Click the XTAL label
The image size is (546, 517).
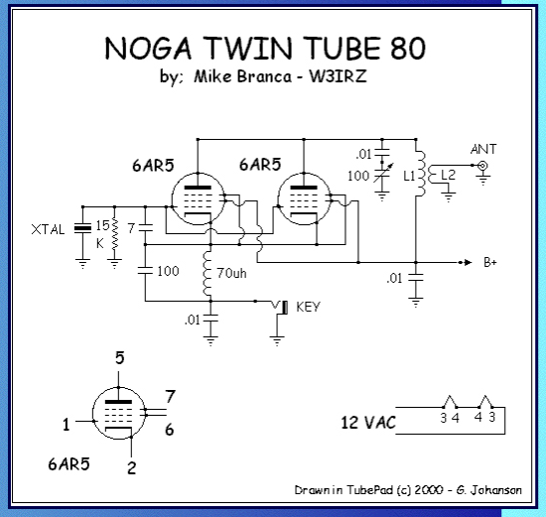pyautogui.click(x=48, y=229)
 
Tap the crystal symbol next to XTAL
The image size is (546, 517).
pyautogui.click(x=82, y=229)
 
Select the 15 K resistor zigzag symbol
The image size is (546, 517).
pyautogui.click(x=114, y=234)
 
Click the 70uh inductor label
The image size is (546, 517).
pyautogui.click(x=232, y=273)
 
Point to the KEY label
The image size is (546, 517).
pyautogui.click(x=308, y=307)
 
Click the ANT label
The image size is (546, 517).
pyautogui.click(x=483, y=150)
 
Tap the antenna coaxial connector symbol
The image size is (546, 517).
pyautogui.click(x=482, y=166)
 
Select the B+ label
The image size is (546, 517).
pyautogui.click(x=490, y=262)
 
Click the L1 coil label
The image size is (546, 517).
pyautogui.click(x=409, y=177)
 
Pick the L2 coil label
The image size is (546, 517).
pyautogui.click(x=448, y=175)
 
